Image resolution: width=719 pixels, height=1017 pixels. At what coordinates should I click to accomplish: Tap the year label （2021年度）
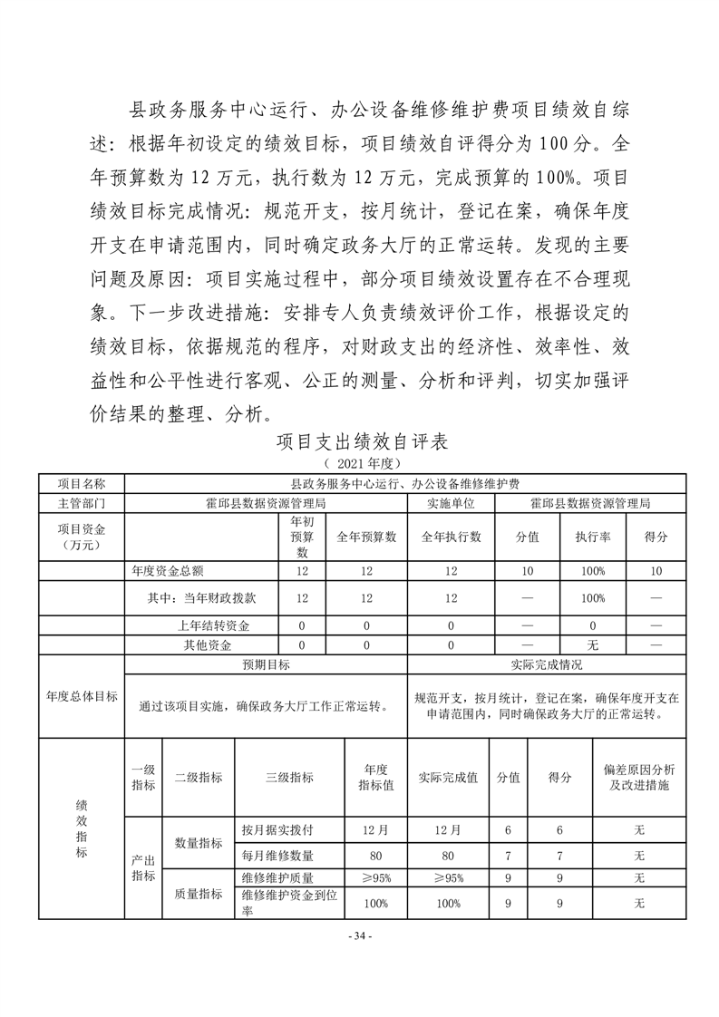(361, 463)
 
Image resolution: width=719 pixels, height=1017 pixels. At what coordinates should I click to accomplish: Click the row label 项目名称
(82, 485)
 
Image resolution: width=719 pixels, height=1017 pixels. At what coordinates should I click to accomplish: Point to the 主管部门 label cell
(82, 502)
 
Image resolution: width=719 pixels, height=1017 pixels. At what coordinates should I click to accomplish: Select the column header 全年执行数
(450, 536)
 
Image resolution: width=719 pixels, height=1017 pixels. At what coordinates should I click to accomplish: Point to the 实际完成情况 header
(546, 664)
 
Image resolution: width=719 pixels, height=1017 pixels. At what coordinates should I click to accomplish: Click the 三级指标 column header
(289, 777)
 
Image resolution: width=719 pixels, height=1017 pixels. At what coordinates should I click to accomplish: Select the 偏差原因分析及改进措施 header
(638, 777)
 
